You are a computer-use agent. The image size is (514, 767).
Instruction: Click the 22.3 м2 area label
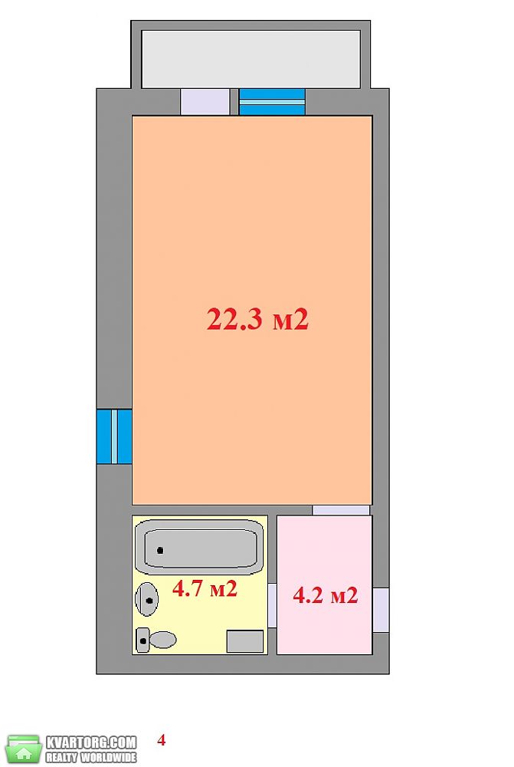(x=257, y=319)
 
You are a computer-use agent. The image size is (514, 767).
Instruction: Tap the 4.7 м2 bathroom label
(x=205, y=588)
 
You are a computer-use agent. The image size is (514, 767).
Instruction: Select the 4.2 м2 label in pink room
(x=326, y=595)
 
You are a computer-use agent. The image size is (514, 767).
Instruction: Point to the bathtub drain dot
(x=160, y=550)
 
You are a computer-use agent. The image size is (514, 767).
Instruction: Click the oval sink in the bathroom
(x=146, y=600)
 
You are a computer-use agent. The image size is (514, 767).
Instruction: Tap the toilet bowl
(x=162, y=640)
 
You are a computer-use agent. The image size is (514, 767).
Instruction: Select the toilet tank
(x=142, y=640)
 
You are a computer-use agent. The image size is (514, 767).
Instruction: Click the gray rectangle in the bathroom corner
(x=245, y=641)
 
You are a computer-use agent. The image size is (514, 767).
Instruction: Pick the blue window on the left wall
(x=114, y=436)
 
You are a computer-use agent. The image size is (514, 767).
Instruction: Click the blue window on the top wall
(x=272, y=102)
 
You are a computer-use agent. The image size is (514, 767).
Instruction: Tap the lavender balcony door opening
(x=205, y=102)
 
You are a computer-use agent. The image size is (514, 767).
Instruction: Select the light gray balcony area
(x=250, y=59)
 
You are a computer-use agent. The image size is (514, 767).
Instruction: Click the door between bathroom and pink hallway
(x=272, y=605)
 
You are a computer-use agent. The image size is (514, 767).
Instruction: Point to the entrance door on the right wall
(x=381, y=610)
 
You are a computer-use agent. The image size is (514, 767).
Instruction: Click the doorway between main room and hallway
(x=341, y=510)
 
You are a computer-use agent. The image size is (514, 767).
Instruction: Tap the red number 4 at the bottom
(x=161, y=740)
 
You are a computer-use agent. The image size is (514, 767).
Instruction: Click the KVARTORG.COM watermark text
(x=91, y=742)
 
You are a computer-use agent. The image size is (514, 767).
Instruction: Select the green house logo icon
(x=24, y=749)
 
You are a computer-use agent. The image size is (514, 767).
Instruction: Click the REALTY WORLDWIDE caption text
(x=91, y=757)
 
